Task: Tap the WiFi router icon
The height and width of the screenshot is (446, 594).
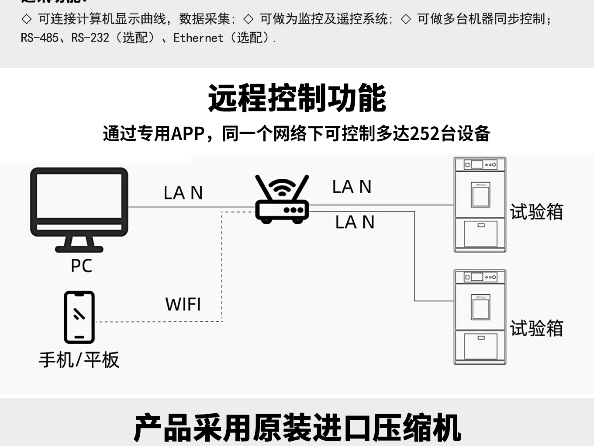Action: [x=282, y=202]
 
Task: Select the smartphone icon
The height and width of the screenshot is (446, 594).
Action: [x=79, y=317]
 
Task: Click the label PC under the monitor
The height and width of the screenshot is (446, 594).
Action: [x=81, y=266]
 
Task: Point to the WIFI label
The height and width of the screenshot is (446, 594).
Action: [x=183, y=304]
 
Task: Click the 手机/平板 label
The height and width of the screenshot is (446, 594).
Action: [x=79, y=360]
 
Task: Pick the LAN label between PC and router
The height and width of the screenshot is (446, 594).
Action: [x=183, y=193]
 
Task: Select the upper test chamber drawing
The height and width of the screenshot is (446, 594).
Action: [x=480, y=205]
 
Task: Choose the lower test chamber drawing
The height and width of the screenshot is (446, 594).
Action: [x=480, y=317]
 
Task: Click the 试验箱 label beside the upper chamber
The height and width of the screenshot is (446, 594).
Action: [x=536, y=212]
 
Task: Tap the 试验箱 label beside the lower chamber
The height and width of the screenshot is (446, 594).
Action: [x=536, y=328]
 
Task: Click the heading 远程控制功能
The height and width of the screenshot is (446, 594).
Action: [x=297, y=98]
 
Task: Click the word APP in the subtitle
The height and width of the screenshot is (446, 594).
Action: [x=188, y=134]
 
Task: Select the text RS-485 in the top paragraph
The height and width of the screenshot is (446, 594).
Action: [x=39, y=38]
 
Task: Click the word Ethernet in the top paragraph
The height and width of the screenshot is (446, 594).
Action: [x=198, y=38]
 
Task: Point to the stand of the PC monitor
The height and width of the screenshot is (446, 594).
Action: [x=79, y=243]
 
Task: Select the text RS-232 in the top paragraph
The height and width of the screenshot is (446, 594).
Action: [x=90, y=38]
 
